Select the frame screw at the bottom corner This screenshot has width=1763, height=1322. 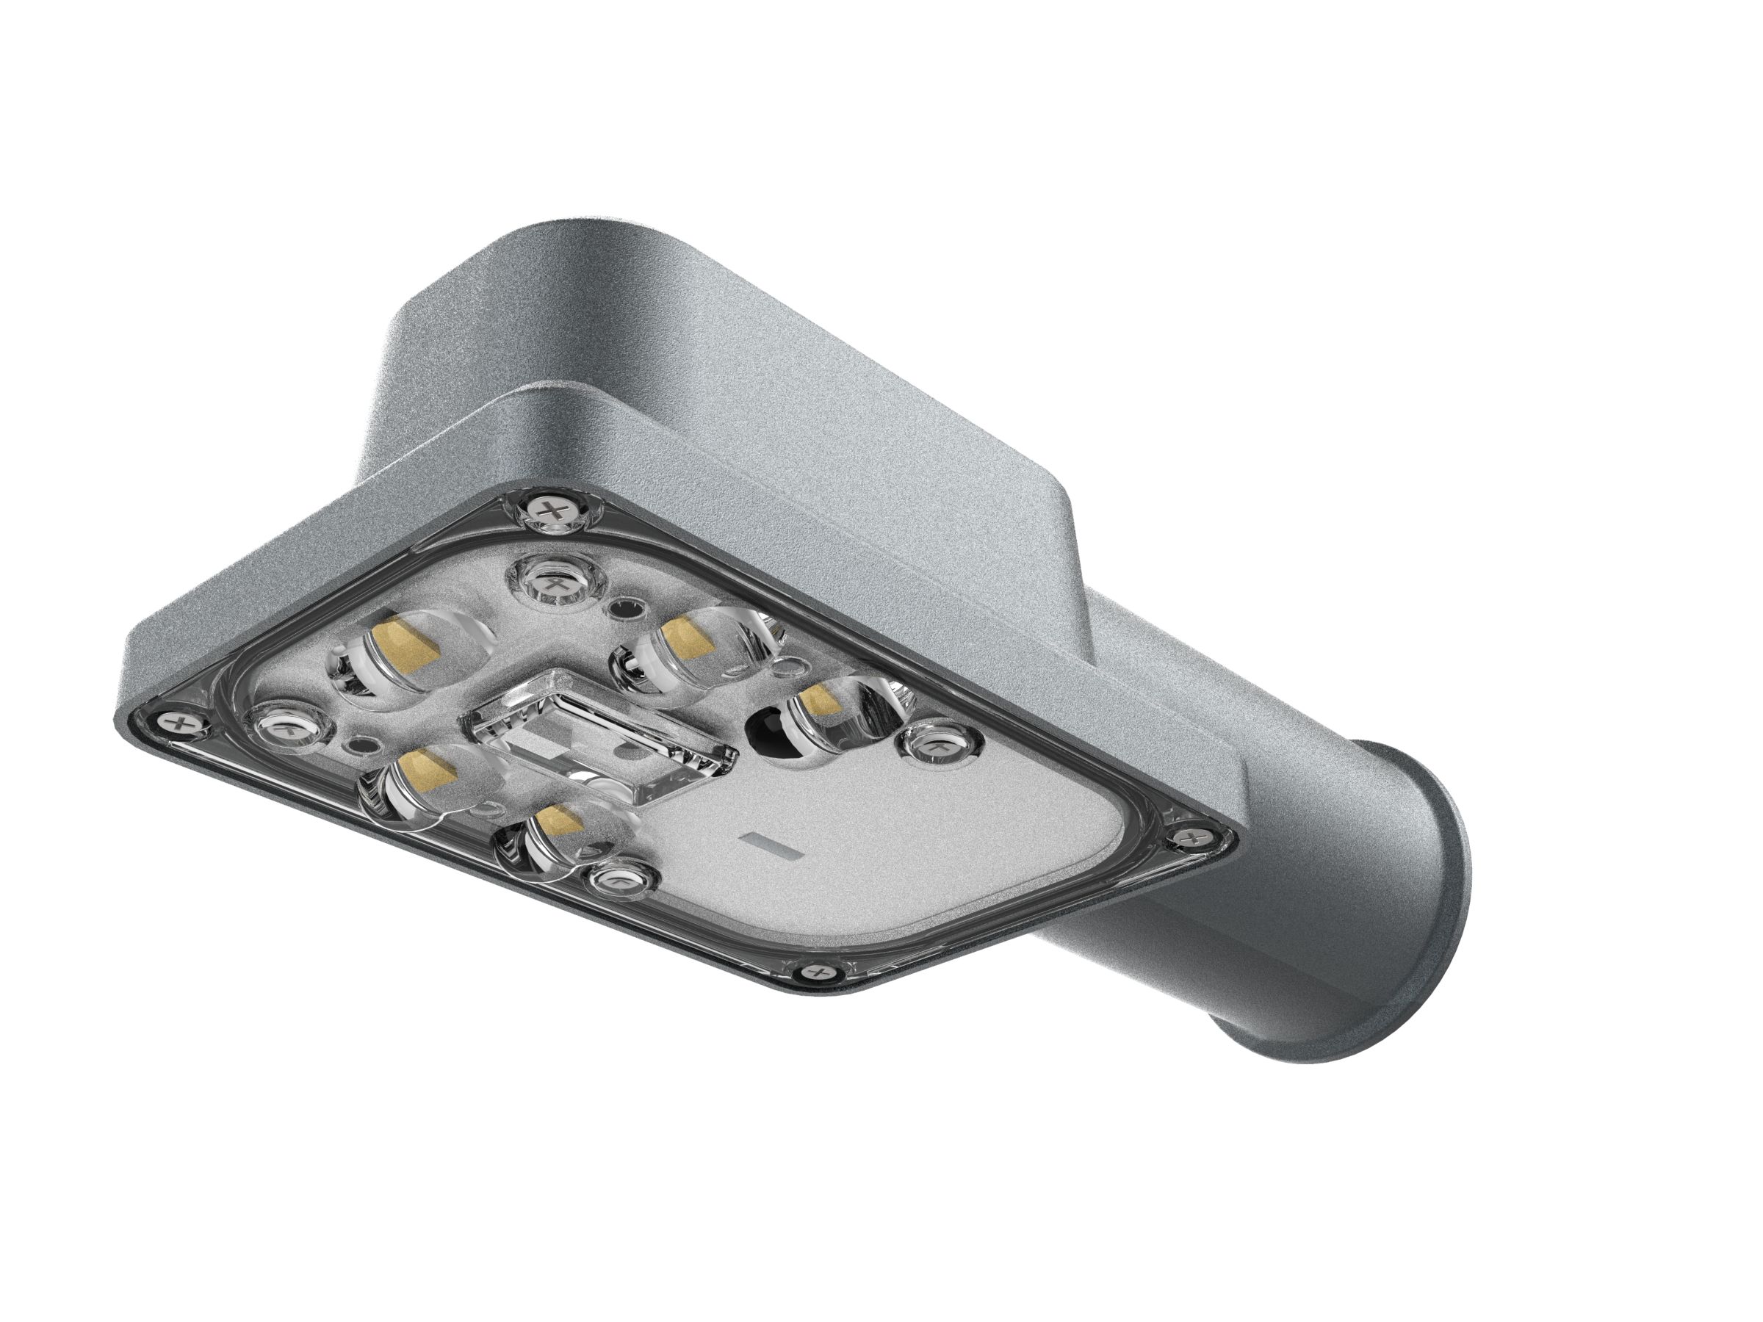pyautogui.click(x=818, y=972)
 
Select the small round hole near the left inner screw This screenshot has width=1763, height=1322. pyautogui.click(x=359, y=748)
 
